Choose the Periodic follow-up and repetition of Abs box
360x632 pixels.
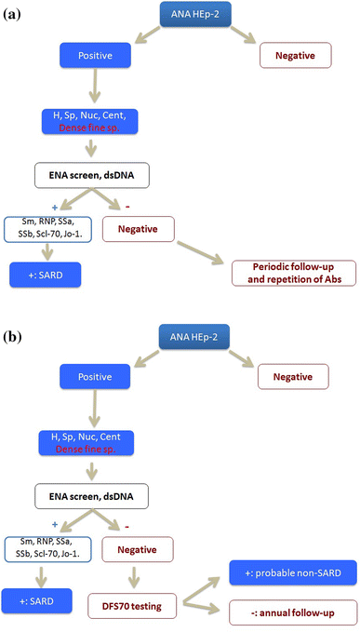point(293,274)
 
